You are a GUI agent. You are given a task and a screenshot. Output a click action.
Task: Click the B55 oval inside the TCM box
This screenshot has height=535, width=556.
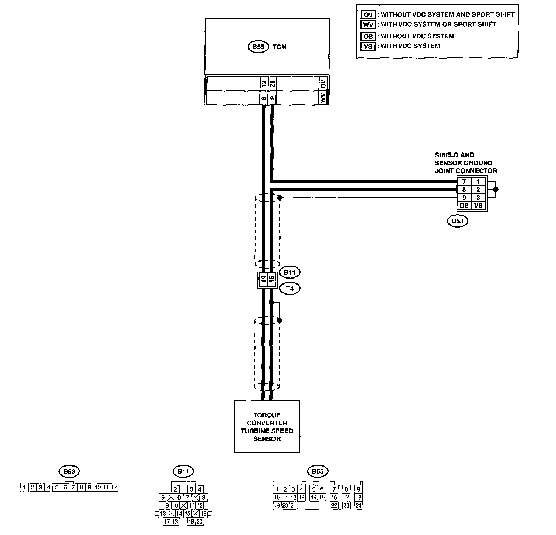[258, 47]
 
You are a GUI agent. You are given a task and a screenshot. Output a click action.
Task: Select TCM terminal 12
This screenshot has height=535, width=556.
[264, 84]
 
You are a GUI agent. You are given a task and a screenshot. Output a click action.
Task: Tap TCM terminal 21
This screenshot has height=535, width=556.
[272, 84]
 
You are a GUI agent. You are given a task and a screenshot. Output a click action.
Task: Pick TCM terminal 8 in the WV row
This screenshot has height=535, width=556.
[264, 98]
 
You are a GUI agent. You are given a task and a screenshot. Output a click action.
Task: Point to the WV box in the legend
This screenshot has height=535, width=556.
[368, 24]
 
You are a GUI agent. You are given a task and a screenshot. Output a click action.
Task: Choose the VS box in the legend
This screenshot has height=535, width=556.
[368, 46]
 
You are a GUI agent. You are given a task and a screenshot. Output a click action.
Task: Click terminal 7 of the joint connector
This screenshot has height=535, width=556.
[464, 182]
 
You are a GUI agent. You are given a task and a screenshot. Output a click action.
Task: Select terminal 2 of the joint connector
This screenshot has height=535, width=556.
[478, 189]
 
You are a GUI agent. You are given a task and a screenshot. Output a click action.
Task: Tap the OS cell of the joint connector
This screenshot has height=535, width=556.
[464, 206]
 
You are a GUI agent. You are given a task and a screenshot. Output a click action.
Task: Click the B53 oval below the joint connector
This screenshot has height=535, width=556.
[457, 221]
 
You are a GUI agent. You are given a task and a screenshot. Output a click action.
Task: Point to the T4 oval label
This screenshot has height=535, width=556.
[290, 288]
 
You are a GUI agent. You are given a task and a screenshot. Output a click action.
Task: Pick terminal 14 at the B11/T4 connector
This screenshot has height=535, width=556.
[263, 278]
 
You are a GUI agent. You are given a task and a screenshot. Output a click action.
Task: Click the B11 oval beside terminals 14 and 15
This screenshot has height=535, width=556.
[290, 272]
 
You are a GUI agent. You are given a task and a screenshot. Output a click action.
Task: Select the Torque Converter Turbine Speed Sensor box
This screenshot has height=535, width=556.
[267, 427]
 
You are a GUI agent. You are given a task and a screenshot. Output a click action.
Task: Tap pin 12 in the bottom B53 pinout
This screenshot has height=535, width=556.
[114, 488]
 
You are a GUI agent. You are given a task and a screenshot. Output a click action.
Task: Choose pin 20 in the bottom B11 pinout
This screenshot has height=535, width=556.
[200, 522]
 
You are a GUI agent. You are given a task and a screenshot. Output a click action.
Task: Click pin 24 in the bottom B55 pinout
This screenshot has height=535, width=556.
[358, 505]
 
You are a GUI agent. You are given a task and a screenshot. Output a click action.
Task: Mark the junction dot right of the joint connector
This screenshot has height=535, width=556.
[496, 189]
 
